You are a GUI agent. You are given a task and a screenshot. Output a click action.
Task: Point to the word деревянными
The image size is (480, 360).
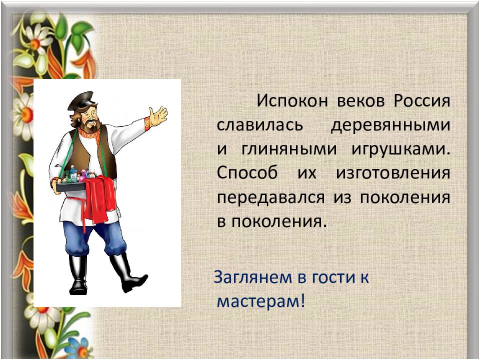tap(390, 125)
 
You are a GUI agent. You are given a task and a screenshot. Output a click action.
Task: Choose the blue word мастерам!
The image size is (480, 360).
tap(260, 301)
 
